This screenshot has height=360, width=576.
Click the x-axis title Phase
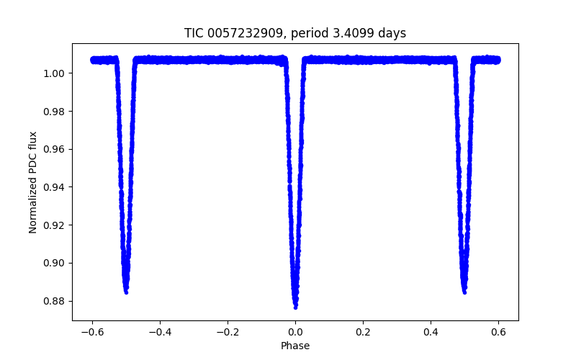pos(295,346)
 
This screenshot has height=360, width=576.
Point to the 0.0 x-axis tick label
pos(295,331)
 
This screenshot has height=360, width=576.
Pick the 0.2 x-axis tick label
pos(363,331)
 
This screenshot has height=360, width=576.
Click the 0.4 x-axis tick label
pos(431,331)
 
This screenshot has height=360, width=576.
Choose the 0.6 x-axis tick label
pos(498,331)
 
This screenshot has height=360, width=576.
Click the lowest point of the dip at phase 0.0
pos(295,307)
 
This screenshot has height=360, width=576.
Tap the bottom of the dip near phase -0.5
pos(126,292)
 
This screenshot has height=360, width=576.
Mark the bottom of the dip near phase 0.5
pos(464,292)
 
